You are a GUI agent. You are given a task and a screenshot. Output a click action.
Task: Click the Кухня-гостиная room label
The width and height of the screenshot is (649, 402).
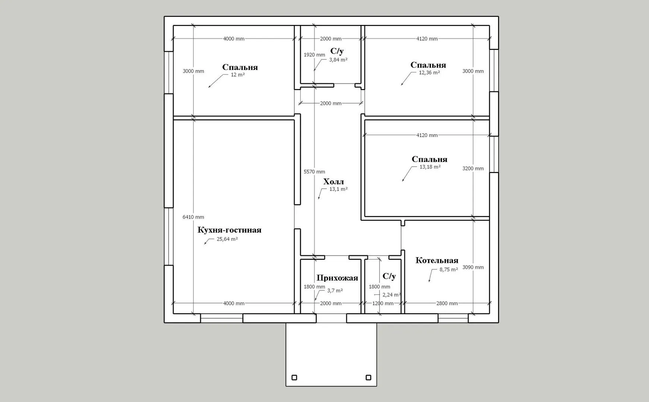click(x=229, y=230)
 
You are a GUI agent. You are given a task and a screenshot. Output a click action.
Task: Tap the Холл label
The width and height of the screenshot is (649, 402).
click(x=334, y=182)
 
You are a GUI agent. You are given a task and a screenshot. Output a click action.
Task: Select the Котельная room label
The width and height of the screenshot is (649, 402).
click(x=437, y=260)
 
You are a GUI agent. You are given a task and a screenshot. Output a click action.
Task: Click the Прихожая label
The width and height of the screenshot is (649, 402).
click(x=337, y=278)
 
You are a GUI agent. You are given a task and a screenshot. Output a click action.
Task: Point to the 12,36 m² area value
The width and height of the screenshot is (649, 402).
click(x=429, y=73)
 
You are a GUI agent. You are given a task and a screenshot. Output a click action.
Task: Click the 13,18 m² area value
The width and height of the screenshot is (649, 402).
click(x=430, y=167)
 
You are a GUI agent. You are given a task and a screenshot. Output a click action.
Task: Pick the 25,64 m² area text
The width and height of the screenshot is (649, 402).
click(x=227, y=239)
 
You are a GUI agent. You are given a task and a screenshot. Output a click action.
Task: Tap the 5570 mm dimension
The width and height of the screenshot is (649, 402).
click(x=314, y=172)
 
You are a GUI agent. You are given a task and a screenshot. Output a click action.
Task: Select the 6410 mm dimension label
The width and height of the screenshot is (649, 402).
click(x=193, y=217)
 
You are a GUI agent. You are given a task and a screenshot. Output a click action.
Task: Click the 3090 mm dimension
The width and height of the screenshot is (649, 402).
click(x=473, y=267)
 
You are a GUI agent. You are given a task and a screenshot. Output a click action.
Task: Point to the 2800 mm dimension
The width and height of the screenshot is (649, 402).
click(x=447, y=303)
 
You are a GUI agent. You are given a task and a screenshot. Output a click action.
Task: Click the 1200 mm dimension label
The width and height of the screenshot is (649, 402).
click(x=383, y=303)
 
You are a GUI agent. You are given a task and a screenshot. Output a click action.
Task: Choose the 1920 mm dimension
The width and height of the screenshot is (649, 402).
click(x=314, y=55)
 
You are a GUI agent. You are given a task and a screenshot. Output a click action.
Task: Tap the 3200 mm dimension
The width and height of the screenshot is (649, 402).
click(x=473, y=168)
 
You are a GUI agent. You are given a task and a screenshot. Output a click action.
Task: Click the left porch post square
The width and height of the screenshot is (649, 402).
click(x=294, y=377)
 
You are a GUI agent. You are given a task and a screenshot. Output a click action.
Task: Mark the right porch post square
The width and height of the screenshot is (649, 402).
click(x=368, y=377)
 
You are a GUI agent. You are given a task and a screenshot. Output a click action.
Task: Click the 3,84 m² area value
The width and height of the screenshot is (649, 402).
click(x=338, y=60)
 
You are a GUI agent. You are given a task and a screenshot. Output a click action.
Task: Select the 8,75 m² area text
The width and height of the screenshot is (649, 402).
click(x=449, y=269)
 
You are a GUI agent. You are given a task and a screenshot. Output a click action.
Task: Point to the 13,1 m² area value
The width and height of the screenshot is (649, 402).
click(x=338, y=189)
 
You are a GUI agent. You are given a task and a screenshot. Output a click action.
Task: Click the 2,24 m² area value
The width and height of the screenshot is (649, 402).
click(x=392, y=295)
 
